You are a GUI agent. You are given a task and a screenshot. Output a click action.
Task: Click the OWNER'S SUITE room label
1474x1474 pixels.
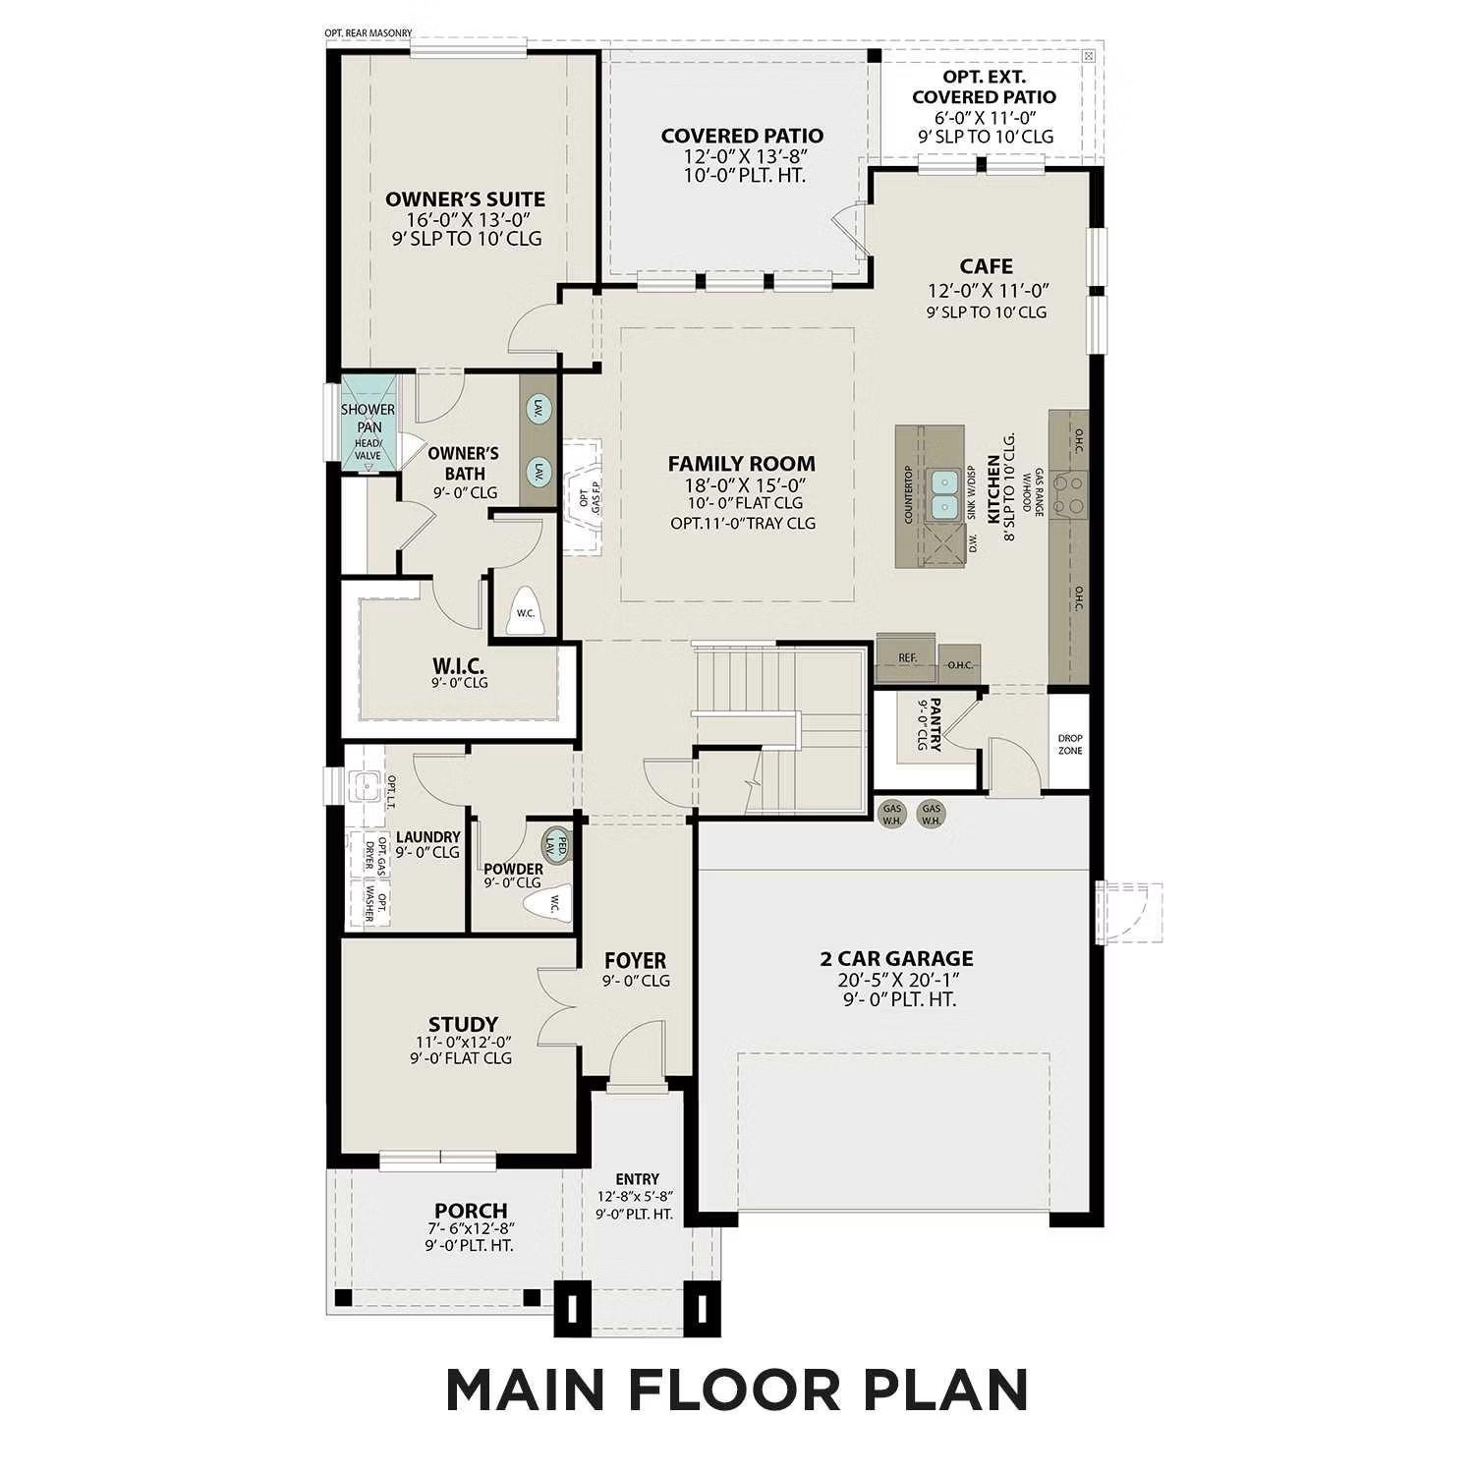tap(465, 199)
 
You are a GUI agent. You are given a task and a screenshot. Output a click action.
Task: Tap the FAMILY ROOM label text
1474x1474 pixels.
tap(741, 464)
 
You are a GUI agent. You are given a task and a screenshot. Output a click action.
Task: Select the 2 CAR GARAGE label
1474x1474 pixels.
tap(896, 958)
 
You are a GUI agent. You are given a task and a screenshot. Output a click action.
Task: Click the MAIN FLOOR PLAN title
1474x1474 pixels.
tap(737, 1389)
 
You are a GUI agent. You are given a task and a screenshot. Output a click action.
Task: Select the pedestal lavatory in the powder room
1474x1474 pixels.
tap(557, 844)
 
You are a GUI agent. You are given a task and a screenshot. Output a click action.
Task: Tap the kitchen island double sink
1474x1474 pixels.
tap(945, 494)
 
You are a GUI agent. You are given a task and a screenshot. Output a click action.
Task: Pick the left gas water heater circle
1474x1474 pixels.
tap(892, 814)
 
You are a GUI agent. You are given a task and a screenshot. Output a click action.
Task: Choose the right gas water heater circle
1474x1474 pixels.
tap(931, 814)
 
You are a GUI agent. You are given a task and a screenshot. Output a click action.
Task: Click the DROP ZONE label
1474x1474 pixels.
tap(1070, 744)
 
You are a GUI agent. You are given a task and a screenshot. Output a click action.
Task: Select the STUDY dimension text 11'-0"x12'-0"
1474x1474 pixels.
tap(463, 1042)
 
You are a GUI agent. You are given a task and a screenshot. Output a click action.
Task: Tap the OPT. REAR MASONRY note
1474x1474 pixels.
tap(368, 33)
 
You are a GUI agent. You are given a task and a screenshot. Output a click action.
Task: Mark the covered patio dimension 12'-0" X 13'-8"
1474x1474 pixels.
tap(742, 156)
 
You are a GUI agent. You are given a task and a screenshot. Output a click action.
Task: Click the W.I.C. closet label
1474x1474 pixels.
tap(458, 665)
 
